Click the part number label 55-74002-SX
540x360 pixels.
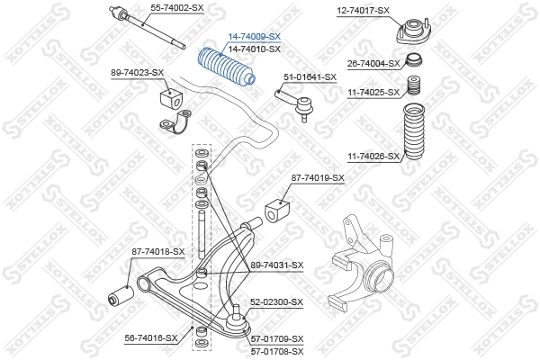click(x=177, y=7)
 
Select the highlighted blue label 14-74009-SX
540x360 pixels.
click(x=255, y=37)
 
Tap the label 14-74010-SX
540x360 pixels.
click(x=255, y=49)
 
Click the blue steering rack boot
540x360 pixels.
click(x=226, y=69)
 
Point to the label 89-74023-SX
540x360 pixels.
click(x=137, y=73)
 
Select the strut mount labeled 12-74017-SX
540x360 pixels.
click(x=413, y=31)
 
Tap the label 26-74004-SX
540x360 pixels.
click(x=373, y=63)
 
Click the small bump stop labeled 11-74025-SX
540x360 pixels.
click(x=414, y=85)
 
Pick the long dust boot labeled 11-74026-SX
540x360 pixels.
click(x=413, y=132)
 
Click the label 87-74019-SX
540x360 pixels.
click(x=318, y=178)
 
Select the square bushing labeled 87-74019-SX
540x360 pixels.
click(x=277, y=211)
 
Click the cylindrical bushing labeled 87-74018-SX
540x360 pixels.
click(x=121, y=296)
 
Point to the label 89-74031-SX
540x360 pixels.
click(x=277, y=265)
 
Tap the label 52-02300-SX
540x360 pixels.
click(x=277, y=302)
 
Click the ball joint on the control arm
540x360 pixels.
click(x=238, y=320)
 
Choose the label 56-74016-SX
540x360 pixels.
click(x=151, y=338)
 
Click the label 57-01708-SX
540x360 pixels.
click(x=277, y=352)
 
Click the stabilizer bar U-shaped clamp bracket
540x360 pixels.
click(x=175, y=121)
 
